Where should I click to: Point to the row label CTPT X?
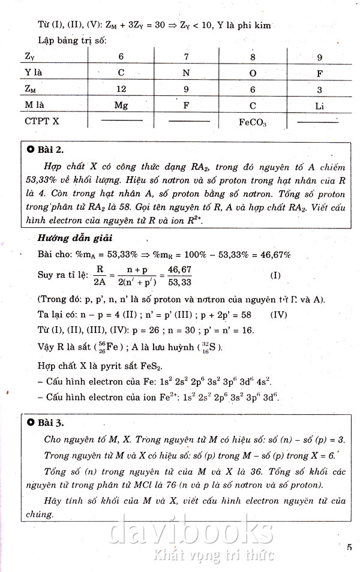(x=42, y=121)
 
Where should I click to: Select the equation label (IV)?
(x=279, y=314)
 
